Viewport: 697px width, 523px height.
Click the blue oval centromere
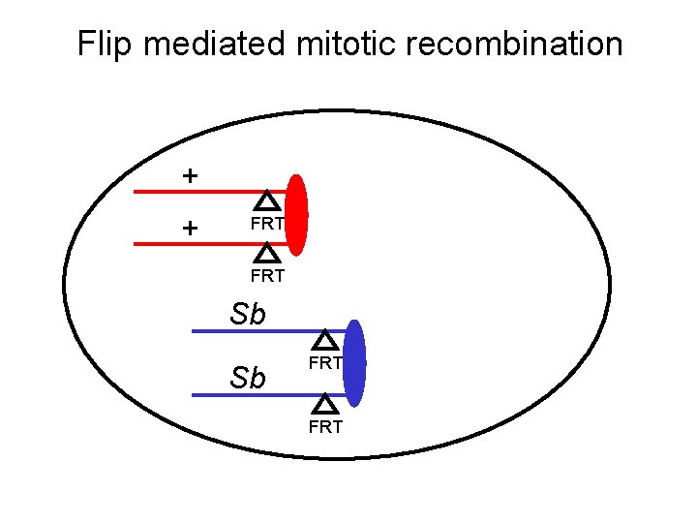point(355,363)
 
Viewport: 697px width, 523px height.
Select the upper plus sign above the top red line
point(191,176)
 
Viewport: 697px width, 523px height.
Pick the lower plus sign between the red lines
point(191,229)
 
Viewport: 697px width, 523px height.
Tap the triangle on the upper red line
point(268,201)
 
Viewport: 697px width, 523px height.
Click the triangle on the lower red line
point(268,254)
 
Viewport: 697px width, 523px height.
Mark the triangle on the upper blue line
point(326,340)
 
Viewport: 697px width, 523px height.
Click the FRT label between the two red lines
point(267,224)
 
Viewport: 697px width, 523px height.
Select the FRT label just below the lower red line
point(267,276)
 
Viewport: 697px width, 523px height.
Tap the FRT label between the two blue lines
point(326,363)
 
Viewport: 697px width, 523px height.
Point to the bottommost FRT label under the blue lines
point(326,426)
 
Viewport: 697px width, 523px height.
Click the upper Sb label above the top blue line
point(248,315)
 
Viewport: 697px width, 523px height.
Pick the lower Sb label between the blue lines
point(248,378)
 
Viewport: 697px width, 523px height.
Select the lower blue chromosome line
point(252,395)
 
